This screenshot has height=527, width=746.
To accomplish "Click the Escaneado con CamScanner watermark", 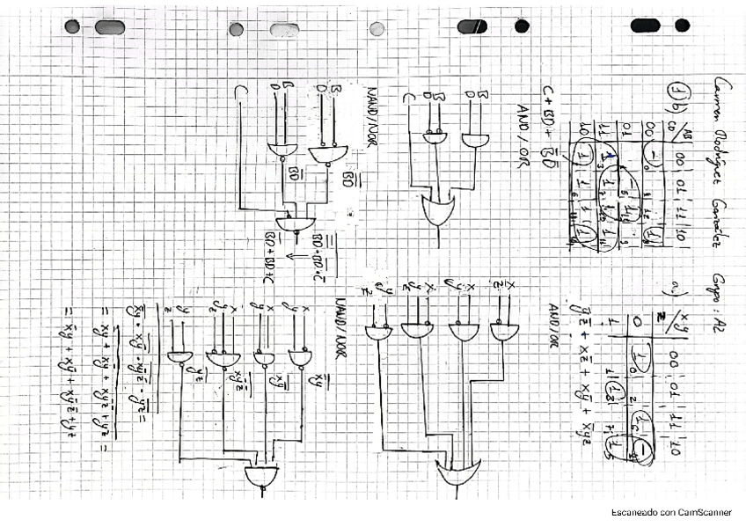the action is pos(672,511).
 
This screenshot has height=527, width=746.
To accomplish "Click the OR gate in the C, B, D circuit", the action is pos(437,210).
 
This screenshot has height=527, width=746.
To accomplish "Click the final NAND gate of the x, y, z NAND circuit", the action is pos(261,476).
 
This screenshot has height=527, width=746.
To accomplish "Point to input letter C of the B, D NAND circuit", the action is pos(239,91).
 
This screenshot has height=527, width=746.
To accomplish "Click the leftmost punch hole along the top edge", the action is pos(71,26).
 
